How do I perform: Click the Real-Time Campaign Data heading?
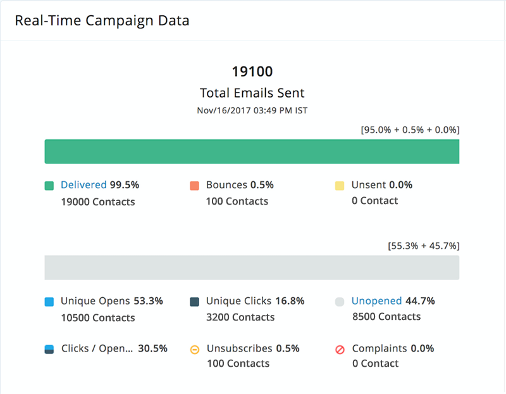(102, 20)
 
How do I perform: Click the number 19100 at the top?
(252, 71)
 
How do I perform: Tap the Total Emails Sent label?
(252, 93)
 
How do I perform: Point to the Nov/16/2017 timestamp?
(252, 110)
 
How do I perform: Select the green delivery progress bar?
(252, 152)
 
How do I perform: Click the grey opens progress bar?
(252, 267)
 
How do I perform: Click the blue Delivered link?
(83, 185)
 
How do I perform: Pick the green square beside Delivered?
(49, 186)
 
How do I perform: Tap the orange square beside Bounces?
(194, 186)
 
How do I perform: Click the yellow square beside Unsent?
(340, 186)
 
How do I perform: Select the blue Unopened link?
(376, 301)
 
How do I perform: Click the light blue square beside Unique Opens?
(49, 302)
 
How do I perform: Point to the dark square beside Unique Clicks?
(194, 302)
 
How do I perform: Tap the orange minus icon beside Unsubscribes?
(194, 349)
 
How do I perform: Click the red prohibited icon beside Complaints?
(340, 349)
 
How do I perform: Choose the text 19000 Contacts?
(98, 201)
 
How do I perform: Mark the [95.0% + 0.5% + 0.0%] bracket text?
(410, 130)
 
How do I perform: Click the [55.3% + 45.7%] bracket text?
(423, 246)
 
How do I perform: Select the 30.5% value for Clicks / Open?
(152, 348)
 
